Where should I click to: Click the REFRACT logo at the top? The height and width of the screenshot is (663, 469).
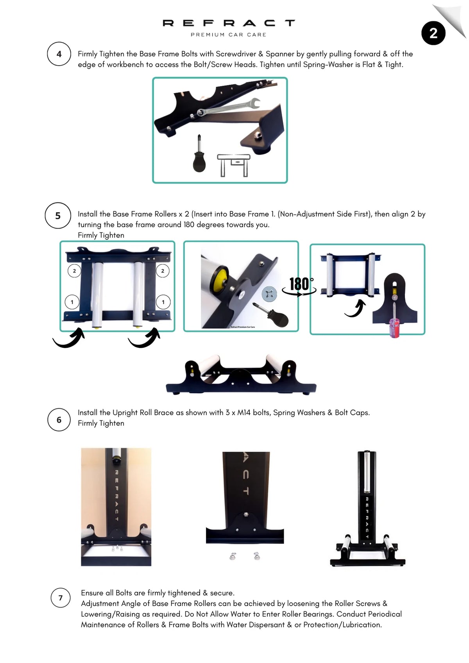pyautogui.click(x=229, y=23)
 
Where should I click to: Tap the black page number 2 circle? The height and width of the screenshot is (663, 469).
pyautogui.click(x=433, y=34)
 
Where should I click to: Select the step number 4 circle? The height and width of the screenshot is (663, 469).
pyautogui.click(x=59, y=54)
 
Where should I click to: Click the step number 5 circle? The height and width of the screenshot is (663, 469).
pyautogui.click(x=58, y=216)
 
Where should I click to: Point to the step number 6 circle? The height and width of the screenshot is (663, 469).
pyautogui.click(x=59, y=420)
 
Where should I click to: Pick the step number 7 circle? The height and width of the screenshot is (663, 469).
pyautogui.click(x=61, y=598)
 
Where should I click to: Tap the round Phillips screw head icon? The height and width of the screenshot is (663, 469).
pyautogui.click(x=269, y=294)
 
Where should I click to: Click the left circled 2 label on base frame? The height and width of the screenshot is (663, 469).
pyautogui.click(x=74, y=271)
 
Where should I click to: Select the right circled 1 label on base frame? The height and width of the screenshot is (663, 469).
pyautogui.click(x=163, y=302)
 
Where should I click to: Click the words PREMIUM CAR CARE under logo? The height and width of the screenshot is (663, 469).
pyautogui.click(x=228, y=35)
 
